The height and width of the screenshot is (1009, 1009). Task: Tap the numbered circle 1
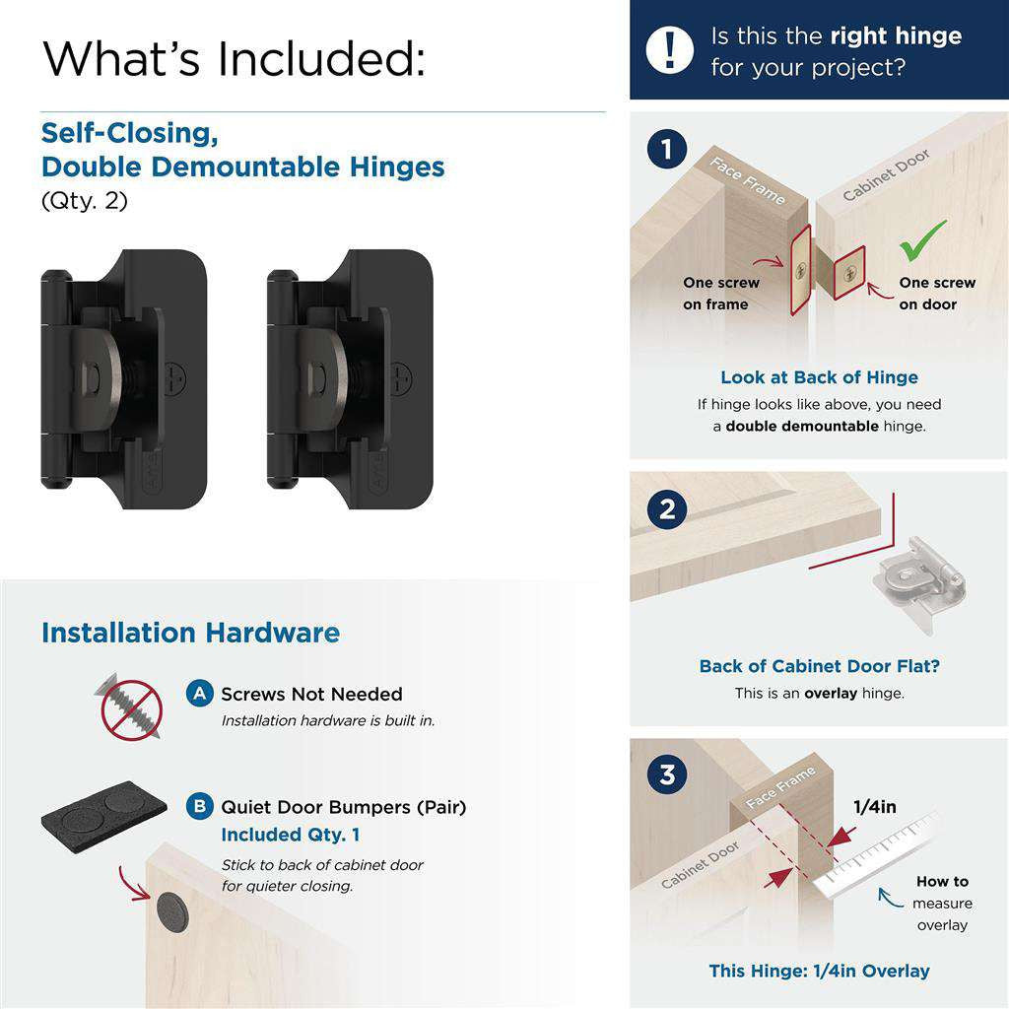(x=667, y=151)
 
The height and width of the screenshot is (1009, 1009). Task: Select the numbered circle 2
(x=667, y=509)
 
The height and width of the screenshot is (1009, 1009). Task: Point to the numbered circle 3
(x=667, y=774)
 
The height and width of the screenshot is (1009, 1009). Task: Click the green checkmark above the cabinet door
(x=923, y=240)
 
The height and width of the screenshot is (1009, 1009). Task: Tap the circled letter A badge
(x=200, y=694)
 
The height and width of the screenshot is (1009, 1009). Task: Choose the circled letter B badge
(x=200, y=807)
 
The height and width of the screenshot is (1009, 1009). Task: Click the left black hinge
(x=123, y=378)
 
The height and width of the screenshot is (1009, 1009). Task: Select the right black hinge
(x=350, y=378)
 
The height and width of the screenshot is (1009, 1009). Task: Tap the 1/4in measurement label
(x=874, y=807)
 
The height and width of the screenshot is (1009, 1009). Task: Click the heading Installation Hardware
(x=190, y=633)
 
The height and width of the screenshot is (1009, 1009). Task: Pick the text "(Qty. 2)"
(x=85, y=201)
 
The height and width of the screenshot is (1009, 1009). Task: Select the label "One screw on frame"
(x=721, y=294)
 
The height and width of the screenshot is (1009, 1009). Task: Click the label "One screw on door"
(x=936, y=294)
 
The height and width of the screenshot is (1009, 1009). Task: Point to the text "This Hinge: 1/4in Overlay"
(x=819, y=971)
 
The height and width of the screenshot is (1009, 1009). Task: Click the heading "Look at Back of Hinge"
(x=819, y=377)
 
